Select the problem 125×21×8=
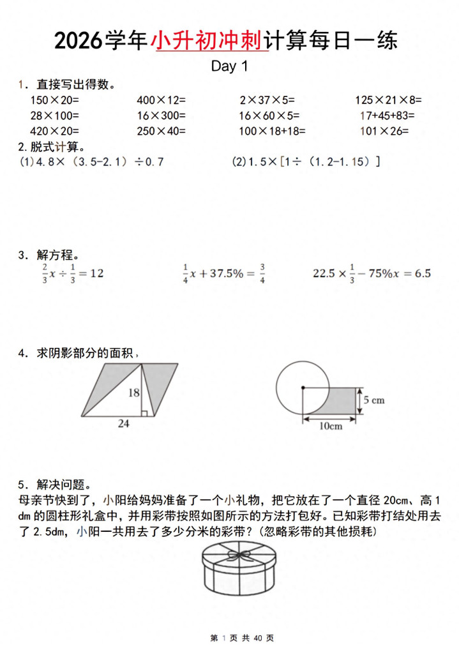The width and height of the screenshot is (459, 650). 388,100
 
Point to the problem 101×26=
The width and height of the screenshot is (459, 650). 384,132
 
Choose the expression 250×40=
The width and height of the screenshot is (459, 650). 161,132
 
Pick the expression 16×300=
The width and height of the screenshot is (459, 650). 161,116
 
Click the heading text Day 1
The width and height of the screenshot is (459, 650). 229,66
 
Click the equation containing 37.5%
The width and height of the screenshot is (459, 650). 223,273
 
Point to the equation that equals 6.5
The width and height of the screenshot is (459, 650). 372,273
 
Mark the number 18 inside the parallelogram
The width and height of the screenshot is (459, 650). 133,393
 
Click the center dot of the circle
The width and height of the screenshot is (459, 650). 302,387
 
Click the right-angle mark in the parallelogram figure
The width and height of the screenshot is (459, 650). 144,413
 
